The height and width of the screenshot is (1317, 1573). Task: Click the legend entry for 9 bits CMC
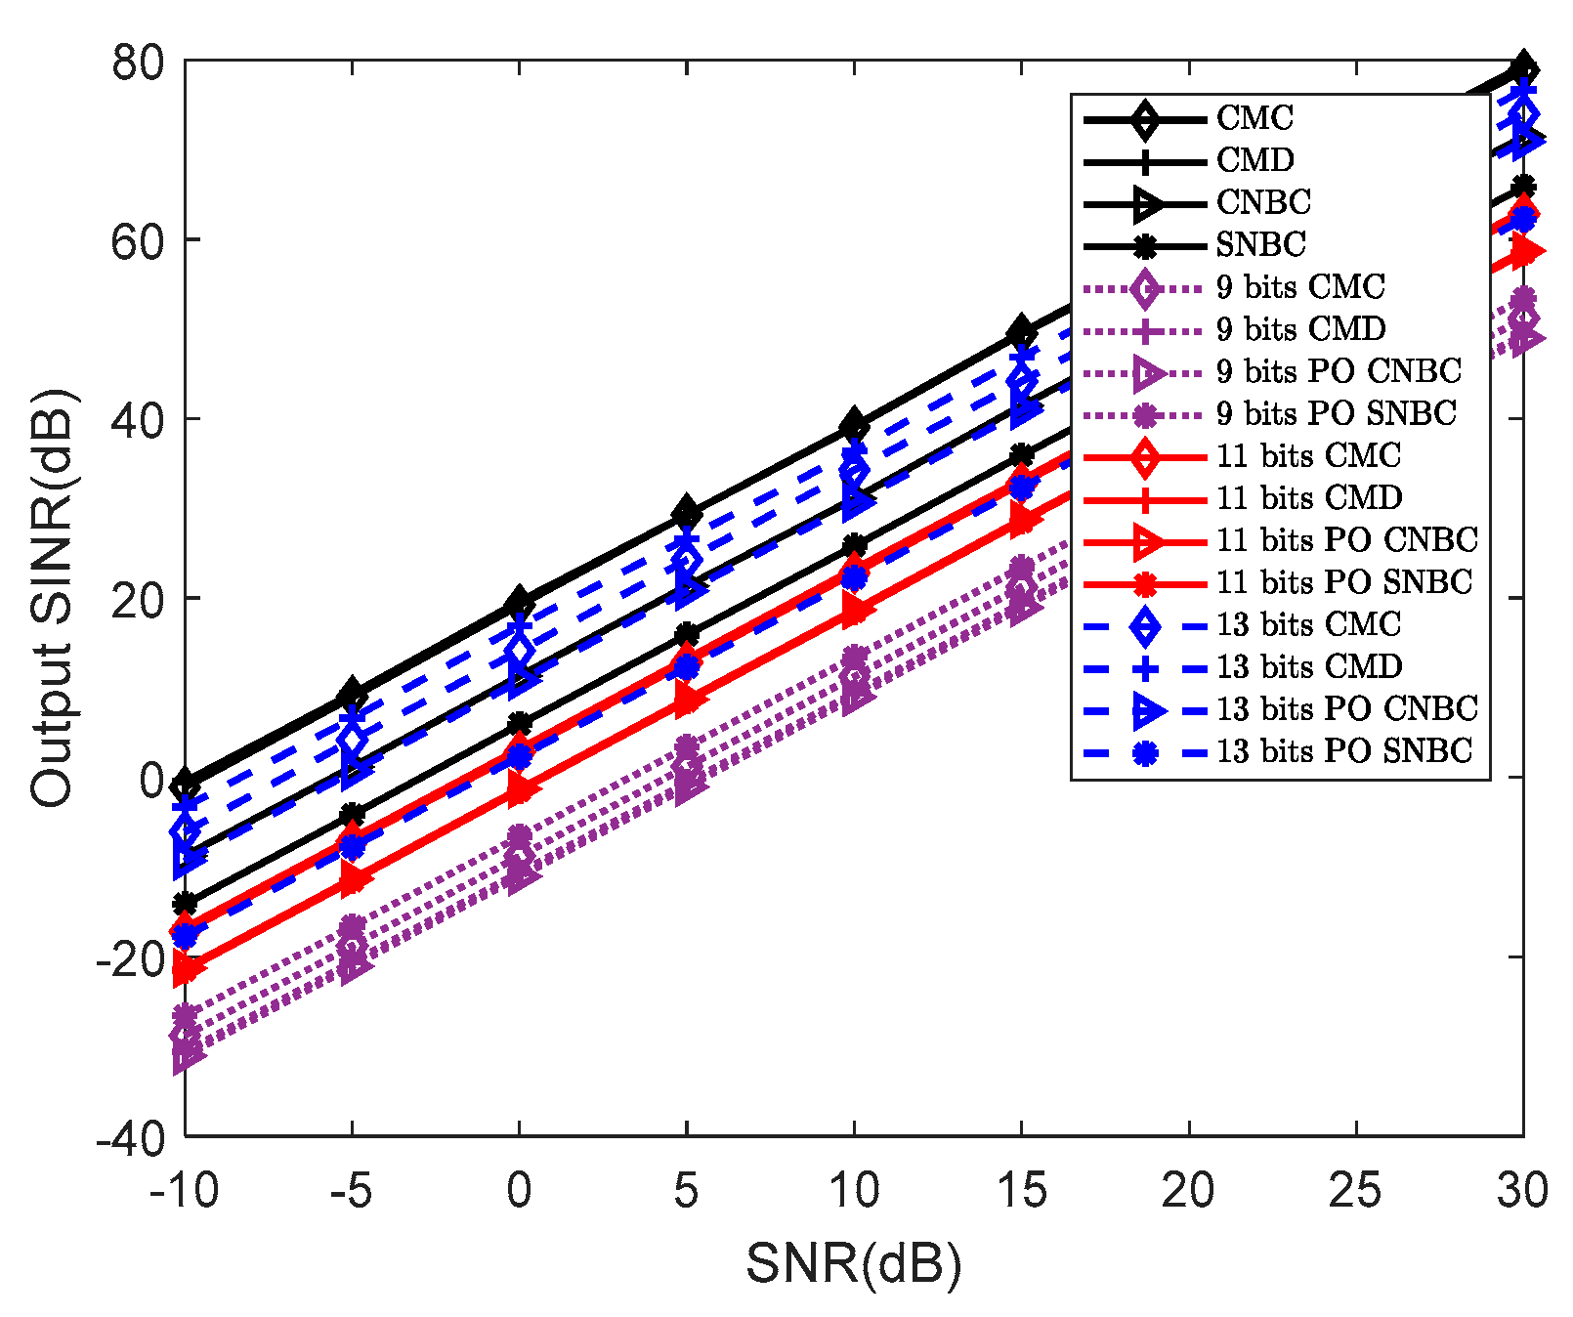[x=1300, y=287]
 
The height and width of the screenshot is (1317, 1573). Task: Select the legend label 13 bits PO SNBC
[x=1343, y=751]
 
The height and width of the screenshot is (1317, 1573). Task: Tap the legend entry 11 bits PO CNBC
[x=1346, y=540]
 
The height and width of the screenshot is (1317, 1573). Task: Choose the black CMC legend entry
[x=1254, y=118]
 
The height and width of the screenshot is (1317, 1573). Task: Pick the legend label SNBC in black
[x=1260, y=244]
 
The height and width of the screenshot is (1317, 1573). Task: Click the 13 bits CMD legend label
[x=1309, y=667]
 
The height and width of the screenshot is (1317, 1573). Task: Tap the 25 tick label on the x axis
[x=1356, y=1191]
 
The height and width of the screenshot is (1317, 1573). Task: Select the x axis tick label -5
[x=352, y=1191]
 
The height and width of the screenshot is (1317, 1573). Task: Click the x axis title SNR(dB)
[x=853, y=1265]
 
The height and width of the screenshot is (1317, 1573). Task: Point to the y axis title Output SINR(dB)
[x=51, y=598]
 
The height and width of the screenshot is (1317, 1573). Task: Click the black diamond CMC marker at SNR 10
[x=855, y=425]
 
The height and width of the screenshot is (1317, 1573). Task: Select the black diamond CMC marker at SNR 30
[x=1523, y=68]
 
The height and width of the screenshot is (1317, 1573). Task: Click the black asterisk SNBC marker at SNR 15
[x=1022, y=454]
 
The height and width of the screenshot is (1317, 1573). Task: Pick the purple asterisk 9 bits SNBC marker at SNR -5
[x=353, y=925]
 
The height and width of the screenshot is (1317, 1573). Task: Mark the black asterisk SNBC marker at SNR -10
[x=185, y=904]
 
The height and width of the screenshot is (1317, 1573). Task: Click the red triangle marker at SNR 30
[x=1524, y=253]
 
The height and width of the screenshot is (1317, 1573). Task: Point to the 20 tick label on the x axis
[x=1188, y=1191]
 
